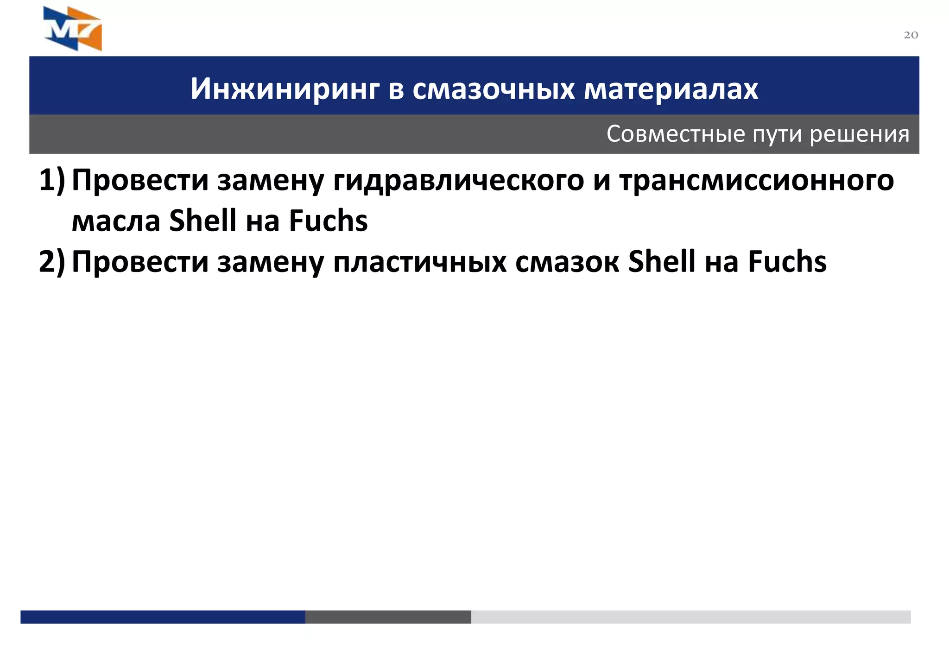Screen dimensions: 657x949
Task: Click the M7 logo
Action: (73, 28)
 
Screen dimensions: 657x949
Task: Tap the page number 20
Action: (911, 35)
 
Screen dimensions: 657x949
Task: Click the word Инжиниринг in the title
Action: (285, 88)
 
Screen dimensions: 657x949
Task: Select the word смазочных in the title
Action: (493, 88)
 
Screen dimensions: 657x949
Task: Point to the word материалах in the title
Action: (671, 88)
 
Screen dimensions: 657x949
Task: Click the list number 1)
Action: (52, 180)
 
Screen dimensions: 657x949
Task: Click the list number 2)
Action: (52, 262)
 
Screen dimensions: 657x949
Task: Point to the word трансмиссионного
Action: (757, 180)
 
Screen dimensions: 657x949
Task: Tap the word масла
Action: (116, 221)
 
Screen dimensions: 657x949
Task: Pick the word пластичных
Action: (420, 262)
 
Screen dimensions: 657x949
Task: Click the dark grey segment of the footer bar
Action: (388, 617)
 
